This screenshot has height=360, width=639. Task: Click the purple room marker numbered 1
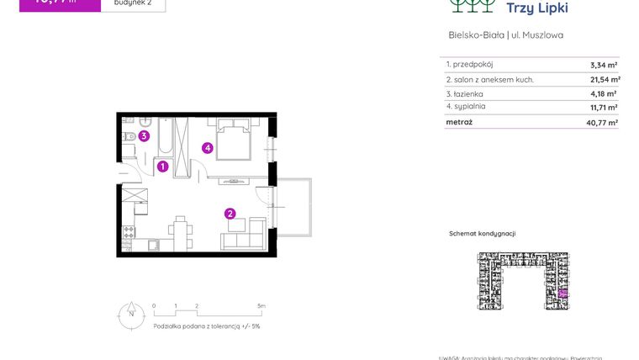point(163,167)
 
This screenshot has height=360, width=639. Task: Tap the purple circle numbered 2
point(230,214)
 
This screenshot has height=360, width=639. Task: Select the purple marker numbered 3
point(145,136)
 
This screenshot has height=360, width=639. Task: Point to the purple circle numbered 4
point(208,149)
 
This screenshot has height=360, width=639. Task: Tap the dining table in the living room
point(180,230)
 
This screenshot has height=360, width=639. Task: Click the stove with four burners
point(129,232)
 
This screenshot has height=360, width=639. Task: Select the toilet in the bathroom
point(129,136)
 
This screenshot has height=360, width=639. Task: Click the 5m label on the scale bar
point(261,306)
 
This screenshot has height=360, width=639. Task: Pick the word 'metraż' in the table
point(459,122)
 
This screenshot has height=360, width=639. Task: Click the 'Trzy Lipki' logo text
point(537,8)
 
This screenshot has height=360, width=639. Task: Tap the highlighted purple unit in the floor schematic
point(563,293)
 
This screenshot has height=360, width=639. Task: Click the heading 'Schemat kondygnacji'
point(482,234)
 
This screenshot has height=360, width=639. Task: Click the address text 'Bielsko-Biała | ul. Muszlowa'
point(506,35)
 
